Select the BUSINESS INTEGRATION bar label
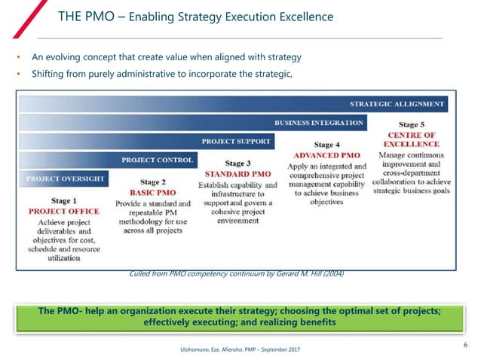tap(319, 123)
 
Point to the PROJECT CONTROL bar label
tap(158, 160)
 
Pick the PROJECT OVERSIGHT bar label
tap(66, 179)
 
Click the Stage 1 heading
tap(64, 201)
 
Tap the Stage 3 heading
tap(238, 163)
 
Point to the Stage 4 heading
tap(327, 145)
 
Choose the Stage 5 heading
tap(411, 124)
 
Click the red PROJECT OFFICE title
tap(64, 212)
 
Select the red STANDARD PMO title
tap(238, 174)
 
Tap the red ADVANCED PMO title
tap(327, 155)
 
